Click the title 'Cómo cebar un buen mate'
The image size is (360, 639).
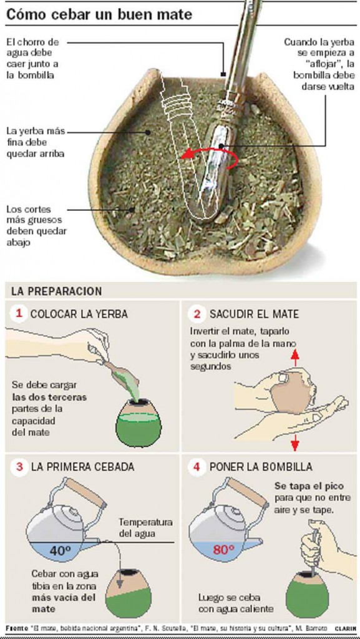pos(99,15)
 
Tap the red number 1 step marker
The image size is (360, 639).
pos(18,313)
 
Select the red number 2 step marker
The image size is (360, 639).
pos(198,314)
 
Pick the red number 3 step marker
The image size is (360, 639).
pos(19,466)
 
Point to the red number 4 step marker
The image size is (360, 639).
pos(198,466)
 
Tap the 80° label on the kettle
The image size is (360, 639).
pos(223,550)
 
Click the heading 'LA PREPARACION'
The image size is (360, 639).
pos(57,292)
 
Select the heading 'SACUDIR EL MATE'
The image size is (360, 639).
pos(254,314)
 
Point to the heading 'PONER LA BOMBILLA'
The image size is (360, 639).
pos(261,466)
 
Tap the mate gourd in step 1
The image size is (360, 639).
pos(139,423)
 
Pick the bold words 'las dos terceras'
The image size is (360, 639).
pos(49,396)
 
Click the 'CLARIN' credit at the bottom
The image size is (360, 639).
pos(345,628)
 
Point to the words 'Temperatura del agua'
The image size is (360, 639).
pos(145,527)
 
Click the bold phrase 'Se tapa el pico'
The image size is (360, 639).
pos(309,487)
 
